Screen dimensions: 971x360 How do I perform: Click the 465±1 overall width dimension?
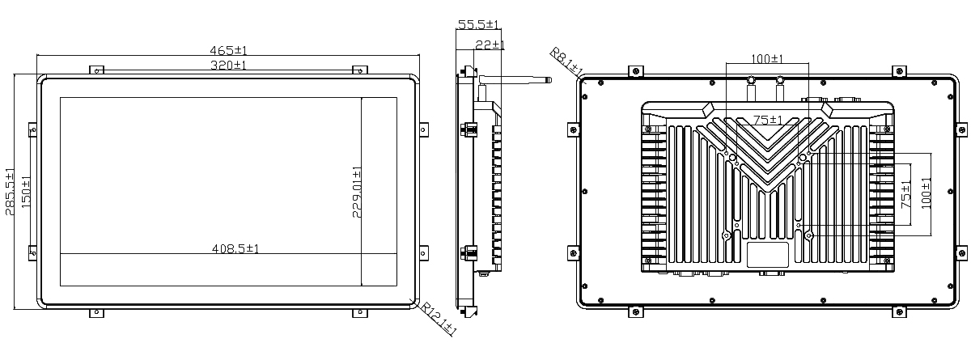[x=228, y=50]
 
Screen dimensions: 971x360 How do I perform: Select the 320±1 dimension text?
[x=228, y=65]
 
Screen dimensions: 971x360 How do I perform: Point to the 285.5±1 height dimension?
[x=10, y=192]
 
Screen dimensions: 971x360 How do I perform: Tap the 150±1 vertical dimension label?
[x=26, y=191]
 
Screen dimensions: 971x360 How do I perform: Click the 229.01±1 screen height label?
[x=357, y=192]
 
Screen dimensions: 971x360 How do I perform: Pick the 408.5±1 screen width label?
[x=235, y=248]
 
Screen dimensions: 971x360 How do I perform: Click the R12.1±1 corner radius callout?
[x=439, y=319]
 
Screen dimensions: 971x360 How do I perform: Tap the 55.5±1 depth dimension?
[x=478, y=24]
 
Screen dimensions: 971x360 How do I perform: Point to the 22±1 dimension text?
[x=490, y=44]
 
